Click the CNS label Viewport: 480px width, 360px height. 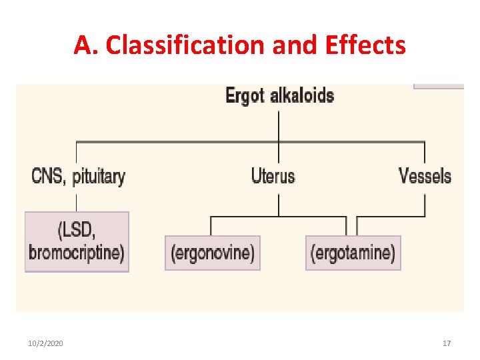click(48, 176)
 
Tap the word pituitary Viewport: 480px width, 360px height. click(99, 177)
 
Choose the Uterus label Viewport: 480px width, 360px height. click(273, 176)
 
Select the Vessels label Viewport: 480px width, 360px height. click(425, 176)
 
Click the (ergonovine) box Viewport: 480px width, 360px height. click(213, 253)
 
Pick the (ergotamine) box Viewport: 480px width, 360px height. click(353, 253)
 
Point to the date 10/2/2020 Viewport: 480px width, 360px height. click(46, 343)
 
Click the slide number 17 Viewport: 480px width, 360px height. click(447, 343)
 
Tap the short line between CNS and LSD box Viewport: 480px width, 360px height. click(77, 201)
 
